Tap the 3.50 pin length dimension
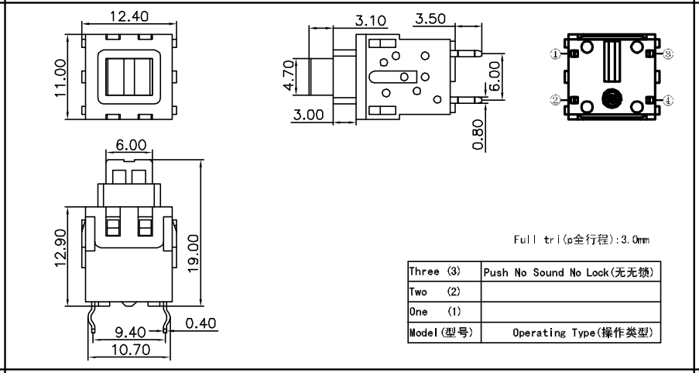click(x=431, y=19)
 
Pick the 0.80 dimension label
click(x=478, y=133)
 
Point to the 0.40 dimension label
click(x=201, y=323)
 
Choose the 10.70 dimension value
click(x=129, y=351)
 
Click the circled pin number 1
click(x=555, y=54)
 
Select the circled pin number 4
click(x=668, y=100)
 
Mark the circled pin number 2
click(x=555, y=100)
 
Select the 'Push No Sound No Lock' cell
click(x=571, y=273)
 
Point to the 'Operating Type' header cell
click(x=571, y=333)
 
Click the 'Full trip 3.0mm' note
click(x=581, y=240)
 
